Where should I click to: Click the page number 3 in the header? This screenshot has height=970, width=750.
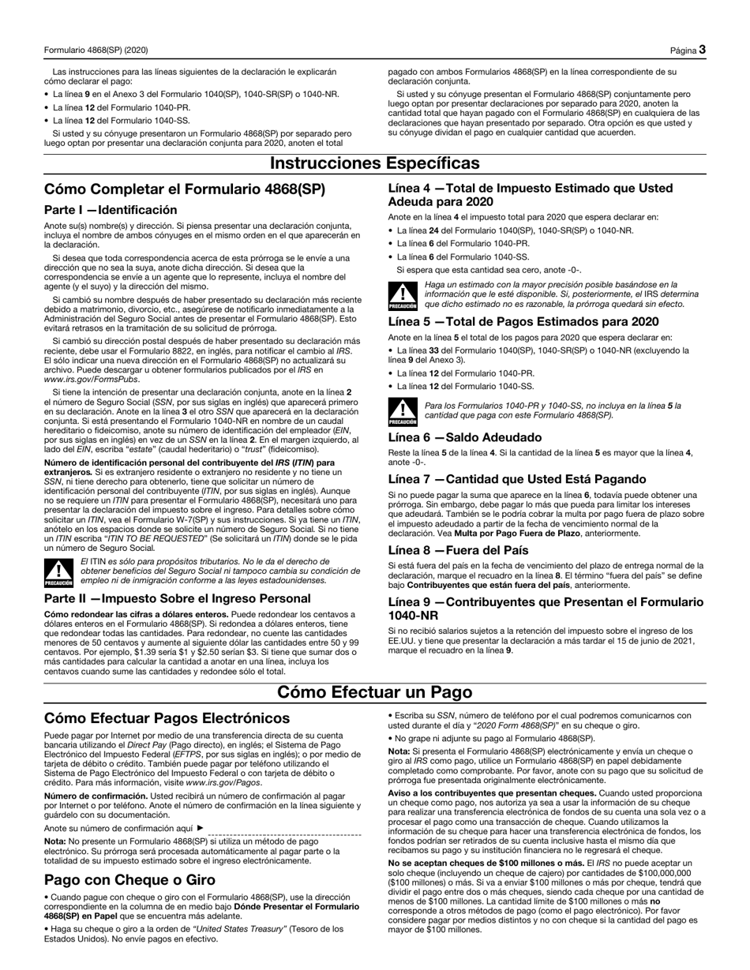point(701,51)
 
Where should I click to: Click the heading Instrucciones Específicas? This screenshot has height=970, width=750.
point(374,163)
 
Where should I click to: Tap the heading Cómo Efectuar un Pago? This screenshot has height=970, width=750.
point(374,692)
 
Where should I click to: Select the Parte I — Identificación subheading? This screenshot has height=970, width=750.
point(111,210)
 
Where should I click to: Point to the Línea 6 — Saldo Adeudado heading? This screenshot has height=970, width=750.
point(465,437)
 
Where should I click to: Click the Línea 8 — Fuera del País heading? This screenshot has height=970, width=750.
point(459,550)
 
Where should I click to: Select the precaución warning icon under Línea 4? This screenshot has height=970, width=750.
point(403,294)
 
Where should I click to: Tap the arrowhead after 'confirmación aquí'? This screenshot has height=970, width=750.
point(200,829)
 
